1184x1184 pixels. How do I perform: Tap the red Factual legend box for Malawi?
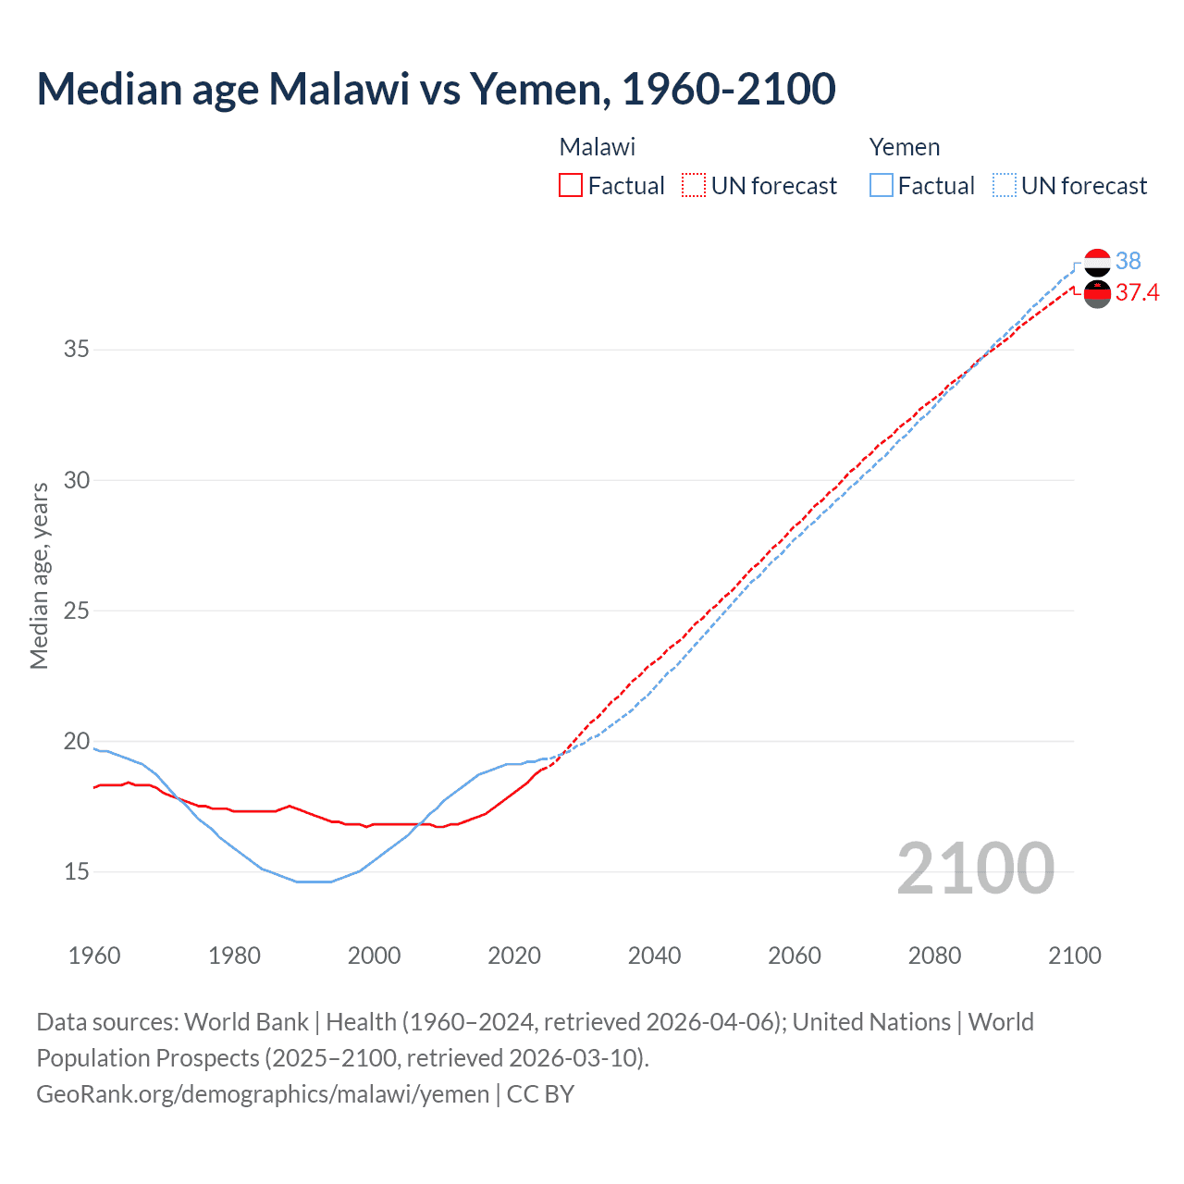(571, 186)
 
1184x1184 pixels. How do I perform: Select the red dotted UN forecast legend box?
(694, 186)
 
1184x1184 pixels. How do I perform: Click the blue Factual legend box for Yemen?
(882, 186)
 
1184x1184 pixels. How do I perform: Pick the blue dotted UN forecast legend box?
(1005, 186)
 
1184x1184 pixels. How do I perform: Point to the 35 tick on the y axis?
(77, 350)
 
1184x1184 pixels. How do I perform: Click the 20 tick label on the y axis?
(77, 741)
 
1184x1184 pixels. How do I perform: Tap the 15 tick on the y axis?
(77, 871)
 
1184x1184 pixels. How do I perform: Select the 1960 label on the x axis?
(94, 956)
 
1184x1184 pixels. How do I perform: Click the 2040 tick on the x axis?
(654, 956)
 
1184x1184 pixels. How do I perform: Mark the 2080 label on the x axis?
(934, 956)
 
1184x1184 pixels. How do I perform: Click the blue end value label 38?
(1128, 262)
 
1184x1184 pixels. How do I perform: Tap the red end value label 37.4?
(1137, 293)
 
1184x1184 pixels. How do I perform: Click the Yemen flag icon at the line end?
(1097, 263)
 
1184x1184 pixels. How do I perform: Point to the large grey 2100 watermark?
(975, 868)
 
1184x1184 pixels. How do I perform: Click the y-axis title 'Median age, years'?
(39, 575)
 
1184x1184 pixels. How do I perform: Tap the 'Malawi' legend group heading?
(598, 147)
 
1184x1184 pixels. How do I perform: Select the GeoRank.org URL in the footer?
(263, 1094)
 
